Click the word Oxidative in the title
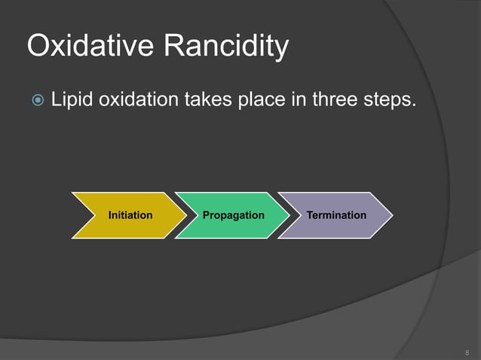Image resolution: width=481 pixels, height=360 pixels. click(x=88, y=47)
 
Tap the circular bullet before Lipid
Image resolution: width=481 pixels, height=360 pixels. click(x=35, y=100)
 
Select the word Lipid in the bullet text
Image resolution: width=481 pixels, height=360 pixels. click(x=71, y=99)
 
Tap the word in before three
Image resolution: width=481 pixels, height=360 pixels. click(x=298, y=99)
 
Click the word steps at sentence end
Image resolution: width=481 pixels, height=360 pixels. click(x=387, y=100)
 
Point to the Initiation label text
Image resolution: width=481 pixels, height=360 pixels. click(x=130, y=215)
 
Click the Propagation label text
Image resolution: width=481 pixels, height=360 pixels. click(x=234, y=215)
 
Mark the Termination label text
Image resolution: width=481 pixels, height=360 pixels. click(x=336, y=215)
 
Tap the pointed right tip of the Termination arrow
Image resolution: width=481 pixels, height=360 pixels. click(x=391, y=215)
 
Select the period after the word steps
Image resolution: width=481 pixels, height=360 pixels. click(x=412, y=105)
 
